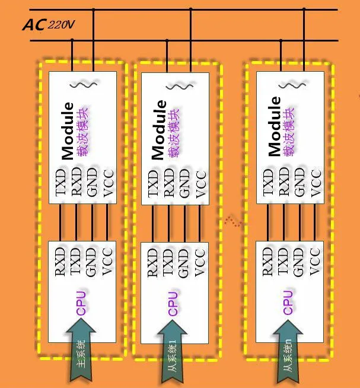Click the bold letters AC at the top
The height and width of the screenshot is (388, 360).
(x=34, y=25)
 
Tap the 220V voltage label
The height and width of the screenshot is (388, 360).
(x=62, y=24)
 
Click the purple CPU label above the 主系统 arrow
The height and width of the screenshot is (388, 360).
(x=81, y=303)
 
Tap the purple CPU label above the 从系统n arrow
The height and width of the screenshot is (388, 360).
(x=288, y=303)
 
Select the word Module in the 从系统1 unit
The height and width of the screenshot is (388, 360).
(x=158, y=129)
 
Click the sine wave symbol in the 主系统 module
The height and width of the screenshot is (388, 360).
(x=84, y=85)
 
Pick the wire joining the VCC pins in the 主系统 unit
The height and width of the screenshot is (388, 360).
(x=107, y=222)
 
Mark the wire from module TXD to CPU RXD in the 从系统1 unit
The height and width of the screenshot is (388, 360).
(x=153, y=223)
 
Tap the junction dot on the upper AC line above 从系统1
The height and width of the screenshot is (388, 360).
(x=190, y=9)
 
